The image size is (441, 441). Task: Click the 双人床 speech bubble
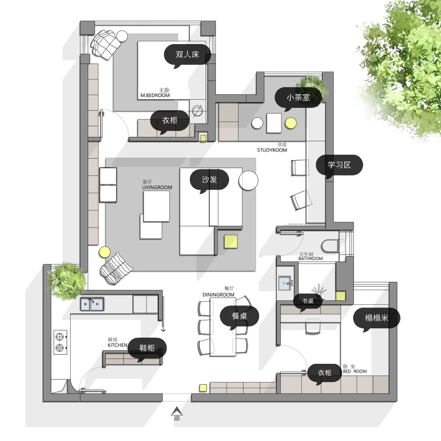point(187,55)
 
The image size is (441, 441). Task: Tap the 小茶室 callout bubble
point(298,98)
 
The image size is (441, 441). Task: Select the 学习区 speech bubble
point(339,165)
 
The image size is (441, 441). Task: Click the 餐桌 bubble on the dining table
point(239,316)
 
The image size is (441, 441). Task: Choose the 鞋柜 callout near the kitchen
point(147,348)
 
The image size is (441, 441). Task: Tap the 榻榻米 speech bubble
point(376,318)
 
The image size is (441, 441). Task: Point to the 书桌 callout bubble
point(308,301)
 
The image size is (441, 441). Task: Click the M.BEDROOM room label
point(155,95)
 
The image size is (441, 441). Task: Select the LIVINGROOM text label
point(157,187)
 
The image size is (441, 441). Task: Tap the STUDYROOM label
point(272,150)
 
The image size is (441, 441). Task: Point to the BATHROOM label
point(310,258)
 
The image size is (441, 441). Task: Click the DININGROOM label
point(218,295)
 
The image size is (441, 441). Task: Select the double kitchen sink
point(92,304)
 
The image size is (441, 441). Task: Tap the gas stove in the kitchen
point(60,342)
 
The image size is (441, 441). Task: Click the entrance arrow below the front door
point(177,413)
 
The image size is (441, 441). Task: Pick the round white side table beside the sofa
point(248,181)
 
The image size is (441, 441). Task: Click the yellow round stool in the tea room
point(291,123)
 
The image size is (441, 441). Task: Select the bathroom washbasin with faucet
point(285,283)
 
